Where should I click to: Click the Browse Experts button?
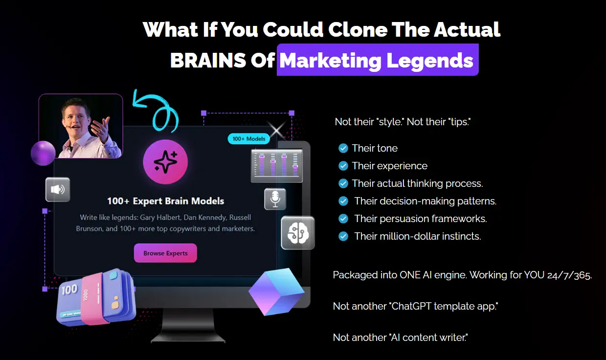click(x=165, y=253)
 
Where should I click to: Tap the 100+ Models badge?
click(x=249, y=139)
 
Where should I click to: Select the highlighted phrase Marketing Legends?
click(x=377, y=61)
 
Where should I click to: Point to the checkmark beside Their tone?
click(x=343, y=148)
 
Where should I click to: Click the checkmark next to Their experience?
click(x=343, y=166)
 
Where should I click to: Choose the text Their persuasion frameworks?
click(x=420, y=219)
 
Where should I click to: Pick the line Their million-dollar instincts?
click(x=417, y=236)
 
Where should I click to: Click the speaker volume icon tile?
click(x=58, y=189)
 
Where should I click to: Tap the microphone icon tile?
click(x=275, y=199)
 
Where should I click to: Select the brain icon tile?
click(x=297, y=233)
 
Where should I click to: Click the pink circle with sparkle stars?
click(x=165, y=163)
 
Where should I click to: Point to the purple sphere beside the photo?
click(x=43, y=153)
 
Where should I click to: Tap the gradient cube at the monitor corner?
click(x=277, y=292)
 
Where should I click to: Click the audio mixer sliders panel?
click(x=276, y=166)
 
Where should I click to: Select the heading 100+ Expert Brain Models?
click(x=165, y=201)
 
